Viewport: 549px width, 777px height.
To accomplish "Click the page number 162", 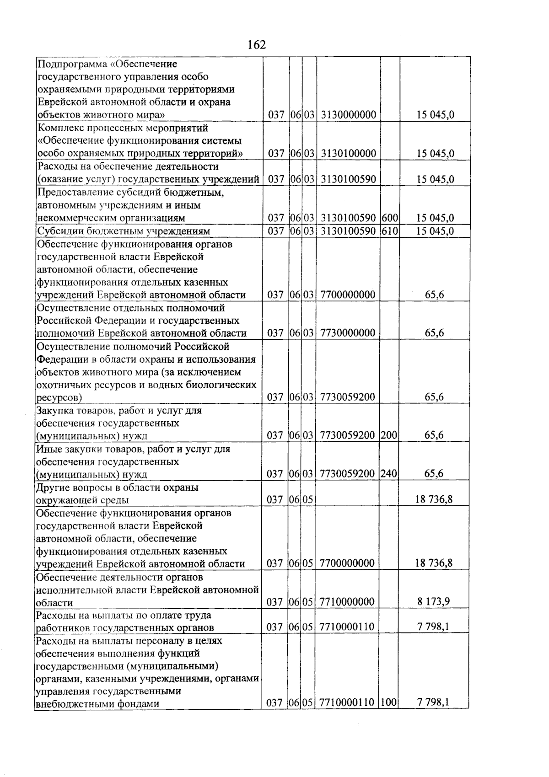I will (x=256, y=45).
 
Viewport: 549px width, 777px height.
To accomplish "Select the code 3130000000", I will (x=348, y=115).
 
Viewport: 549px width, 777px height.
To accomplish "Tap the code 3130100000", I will (x=348, y=153).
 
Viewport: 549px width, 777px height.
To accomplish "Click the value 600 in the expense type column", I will (x=390, y=218).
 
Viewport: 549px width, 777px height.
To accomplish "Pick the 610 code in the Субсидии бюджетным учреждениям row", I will (x=390, y=231).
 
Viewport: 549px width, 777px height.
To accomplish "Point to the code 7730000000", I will (x=348, y=333).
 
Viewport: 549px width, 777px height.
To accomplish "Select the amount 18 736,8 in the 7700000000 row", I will (x=434, y=563).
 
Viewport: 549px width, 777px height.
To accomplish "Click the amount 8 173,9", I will (x=433, y=601).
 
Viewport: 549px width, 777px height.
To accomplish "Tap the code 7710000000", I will (x=347, y=602).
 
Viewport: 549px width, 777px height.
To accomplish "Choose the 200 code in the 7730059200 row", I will (x=389, y=435).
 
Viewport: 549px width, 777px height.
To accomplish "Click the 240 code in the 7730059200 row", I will (x=389, y=473).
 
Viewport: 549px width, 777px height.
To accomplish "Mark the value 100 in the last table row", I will (x=388, y=702).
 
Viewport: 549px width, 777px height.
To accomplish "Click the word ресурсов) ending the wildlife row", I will (x=59, y=397).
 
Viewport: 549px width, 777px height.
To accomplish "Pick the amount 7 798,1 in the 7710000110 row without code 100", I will (x=433, y=627).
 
